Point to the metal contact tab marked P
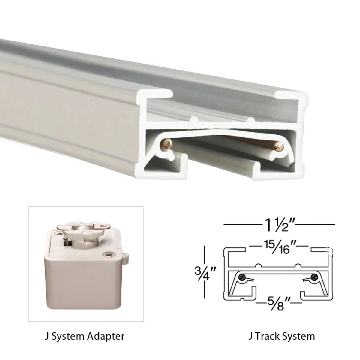pos(103,226)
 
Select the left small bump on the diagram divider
pos(258,265)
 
